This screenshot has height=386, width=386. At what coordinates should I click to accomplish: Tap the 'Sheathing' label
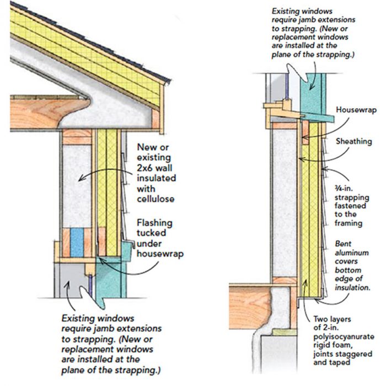(354, 142)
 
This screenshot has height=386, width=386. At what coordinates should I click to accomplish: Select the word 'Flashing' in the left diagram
(154, 223)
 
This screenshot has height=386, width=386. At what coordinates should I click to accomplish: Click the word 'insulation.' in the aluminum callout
(353, 287)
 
